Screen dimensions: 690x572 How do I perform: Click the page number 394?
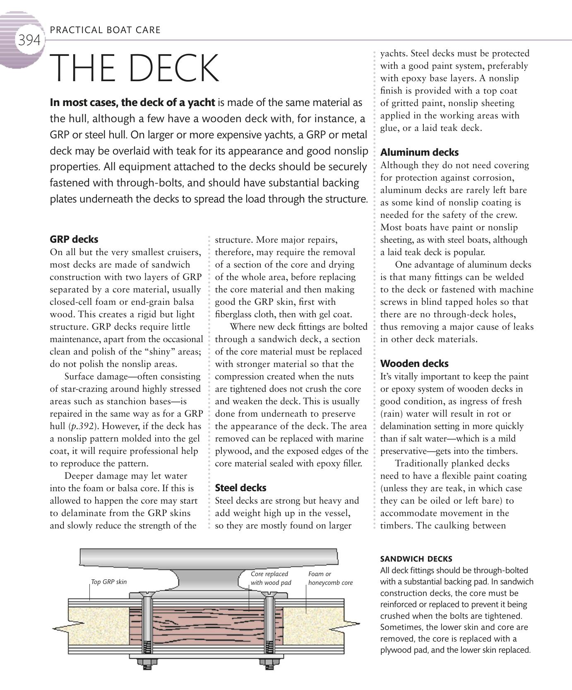[x=29, y=40]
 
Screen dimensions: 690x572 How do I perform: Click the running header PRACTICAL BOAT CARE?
[x=105, y=30]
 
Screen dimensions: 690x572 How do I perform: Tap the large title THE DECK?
[x=135, y=68]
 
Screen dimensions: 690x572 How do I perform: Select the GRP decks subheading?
[x=74, y=239]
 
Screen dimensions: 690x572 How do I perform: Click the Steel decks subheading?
[x=240, y=488]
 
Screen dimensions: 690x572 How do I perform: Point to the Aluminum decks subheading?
[x=419, y=152]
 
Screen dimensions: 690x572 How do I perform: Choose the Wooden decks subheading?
[x=414, y=364]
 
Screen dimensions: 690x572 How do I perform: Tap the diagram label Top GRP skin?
[x=109, y=582]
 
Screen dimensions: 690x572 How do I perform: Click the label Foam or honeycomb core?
[x=330, y=578]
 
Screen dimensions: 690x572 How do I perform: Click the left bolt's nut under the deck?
[x=147, y=661]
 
